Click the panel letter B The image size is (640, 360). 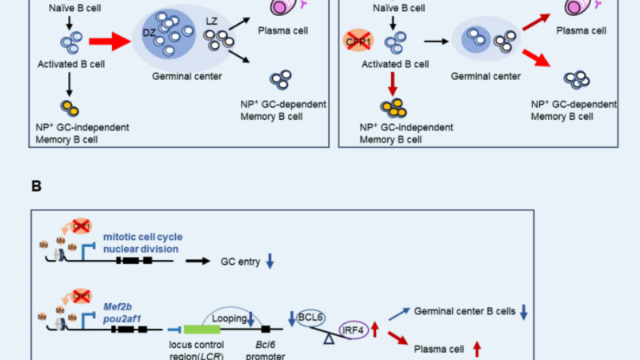pyautogui.click(x=36, y=186)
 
